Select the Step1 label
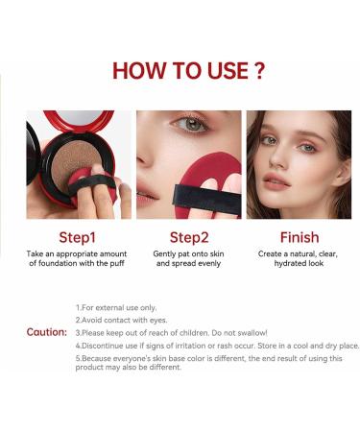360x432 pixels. (x=78, y=237)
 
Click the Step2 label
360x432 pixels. (x=188, y=237)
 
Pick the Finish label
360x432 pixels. (x=300, y=237)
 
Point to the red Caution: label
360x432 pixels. (x=46, y=332)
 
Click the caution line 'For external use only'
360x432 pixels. (x=116, y=307)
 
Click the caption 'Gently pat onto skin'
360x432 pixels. (x=189, y=252)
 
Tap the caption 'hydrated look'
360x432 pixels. (x=300, y=263)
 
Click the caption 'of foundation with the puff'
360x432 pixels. (x=78, y=263)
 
